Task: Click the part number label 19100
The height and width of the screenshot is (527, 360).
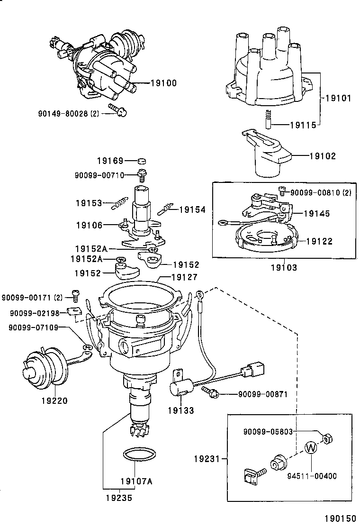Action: click(163, 83)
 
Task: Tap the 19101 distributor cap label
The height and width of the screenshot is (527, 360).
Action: click(338, 99)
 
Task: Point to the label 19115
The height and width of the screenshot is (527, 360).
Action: click(304, 126)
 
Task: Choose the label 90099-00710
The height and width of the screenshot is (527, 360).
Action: click(99, 175)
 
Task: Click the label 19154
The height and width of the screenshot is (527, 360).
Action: click(192, 209)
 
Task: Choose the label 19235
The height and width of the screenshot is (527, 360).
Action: click(119, 498)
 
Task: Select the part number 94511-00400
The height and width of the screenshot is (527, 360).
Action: click(312, 476)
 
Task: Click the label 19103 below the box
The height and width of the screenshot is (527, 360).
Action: click(284, 268)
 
